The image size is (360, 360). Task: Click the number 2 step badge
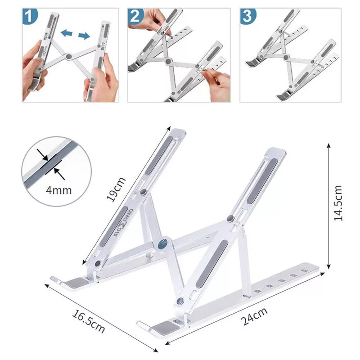[135, 17]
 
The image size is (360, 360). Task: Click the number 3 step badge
[247, 17]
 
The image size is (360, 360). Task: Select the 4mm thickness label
[58, 189]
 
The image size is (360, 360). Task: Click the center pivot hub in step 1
[68, 57]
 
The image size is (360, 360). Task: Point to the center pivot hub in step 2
[168, 61]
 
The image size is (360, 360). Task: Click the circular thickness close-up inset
[56, 171]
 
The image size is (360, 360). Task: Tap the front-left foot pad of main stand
[74, 283]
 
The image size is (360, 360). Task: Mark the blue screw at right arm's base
[181, 302]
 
